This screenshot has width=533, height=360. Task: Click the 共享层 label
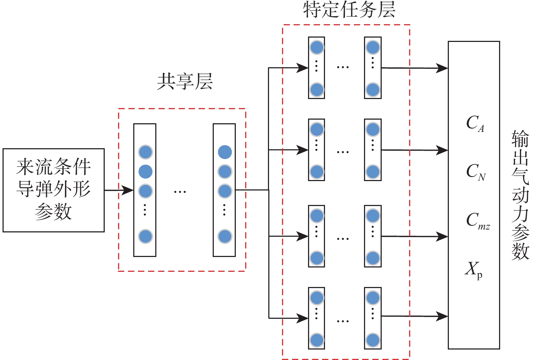pyautogui.click(x=185, y=82)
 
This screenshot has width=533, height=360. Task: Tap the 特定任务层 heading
pyautogui.click(x=349, y=10)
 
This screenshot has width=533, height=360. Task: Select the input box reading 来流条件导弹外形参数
pyautogui.click(x=53, y=190)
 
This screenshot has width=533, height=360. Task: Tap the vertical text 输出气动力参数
pyautogui.click(x=520, y=195)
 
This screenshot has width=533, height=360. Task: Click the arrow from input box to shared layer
pyautogui.click(x=119, y=190)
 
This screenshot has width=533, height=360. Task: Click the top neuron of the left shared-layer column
pyautogui.click(x=146, y=152)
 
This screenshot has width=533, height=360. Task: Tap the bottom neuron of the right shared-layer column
pyautogui.click(x=225, y=236)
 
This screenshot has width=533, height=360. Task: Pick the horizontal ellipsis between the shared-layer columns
pyautogui.click(x=180, y=192)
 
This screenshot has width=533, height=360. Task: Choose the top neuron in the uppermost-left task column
pyautogui.click(x=317, y=47)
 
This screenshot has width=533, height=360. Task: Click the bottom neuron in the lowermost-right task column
pyautogui.click(x=373, y=340)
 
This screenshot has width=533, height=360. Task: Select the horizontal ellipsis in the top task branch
pyautogui.click(x=343, y=67)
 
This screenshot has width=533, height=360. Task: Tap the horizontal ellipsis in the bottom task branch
pyautogui.click(x=343, y=321)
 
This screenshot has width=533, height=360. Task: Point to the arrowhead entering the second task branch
pyautogui.click(x=302, y=150)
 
